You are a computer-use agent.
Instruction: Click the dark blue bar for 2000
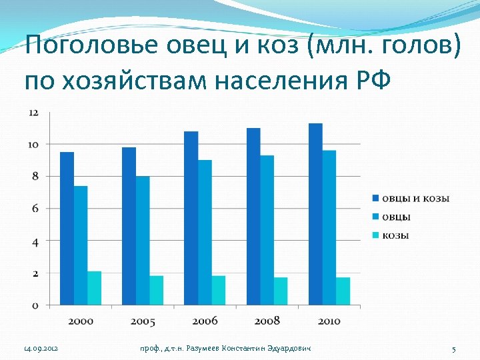(x=67, y=228)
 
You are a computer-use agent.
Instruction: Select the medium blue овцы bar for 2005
(x=143, y=240)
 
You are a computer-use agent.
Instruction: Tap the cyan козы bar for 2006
(x=219, y=290)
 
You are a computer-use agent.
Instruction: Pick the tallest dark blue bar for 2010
(x=315, y=214)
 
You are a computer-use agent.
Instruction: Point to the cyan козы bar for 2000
(x=94, y=288)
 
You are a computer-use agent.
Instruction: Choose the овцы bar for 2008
(x=267, y=230)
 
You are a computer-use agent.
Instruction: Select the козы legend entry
(x=395, y=235)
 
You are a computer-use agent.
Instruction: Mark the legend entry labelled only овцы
(x=395, y=217)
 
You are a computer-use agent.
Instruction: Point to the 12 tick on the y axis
(x=33, y=113)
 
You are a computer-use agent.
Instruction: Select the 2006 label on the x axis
(x=205, y=321)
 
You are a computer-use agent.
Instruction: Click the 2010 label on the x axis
(x=329, y=321)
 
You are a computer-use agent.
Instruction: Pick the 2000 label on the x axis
(x=81, y=321)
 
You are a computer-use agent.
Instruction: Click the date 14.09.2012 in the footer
(x=41, y=349)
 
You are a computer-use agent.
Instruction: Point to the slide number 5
(x=453, y=349)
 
